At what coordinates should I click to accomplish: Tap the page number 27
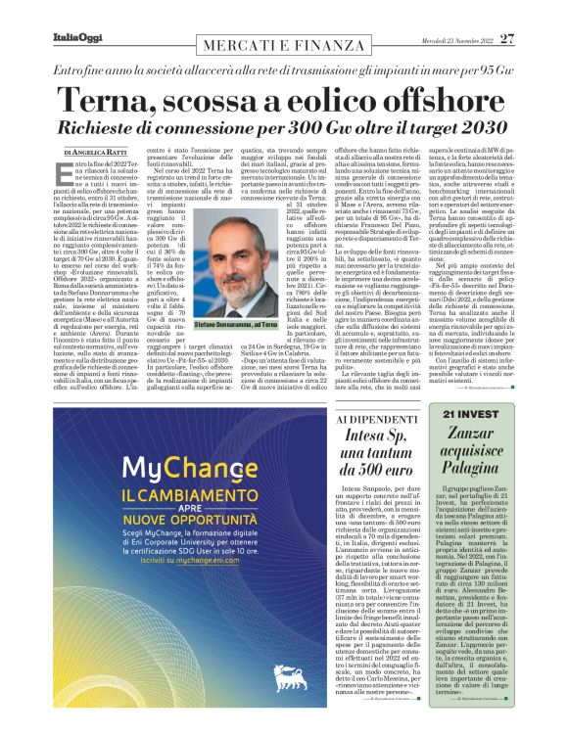[x=505, y=38]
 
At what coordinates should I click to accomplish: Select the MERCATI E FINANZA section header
[x=284, y=45]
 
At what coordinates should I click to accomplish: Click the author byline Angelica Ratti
[x=94, y=155]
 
